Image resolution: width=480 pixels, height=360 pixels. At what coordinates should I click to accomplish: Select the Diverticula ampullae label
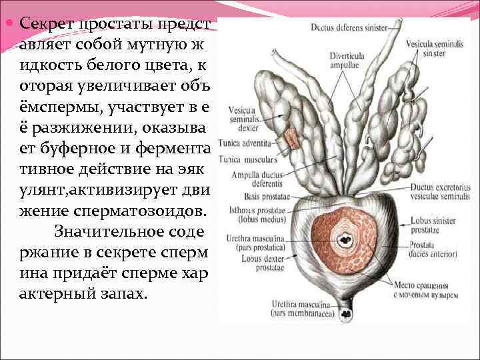pyautogui.click(x=347, y=61)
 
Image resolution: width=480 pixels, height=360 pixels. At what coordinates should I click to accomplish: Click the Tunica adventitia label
pyautogui.click(x=249, y=143)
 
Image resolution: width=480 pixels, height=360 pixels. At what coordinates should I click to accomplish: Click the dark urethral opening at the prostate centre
pyautogui.click(x=345, y=239)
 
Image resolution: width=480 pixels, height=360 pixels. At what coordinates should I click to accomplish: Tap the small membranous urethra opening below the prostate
pyautogui.click(x=347, y=311)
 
